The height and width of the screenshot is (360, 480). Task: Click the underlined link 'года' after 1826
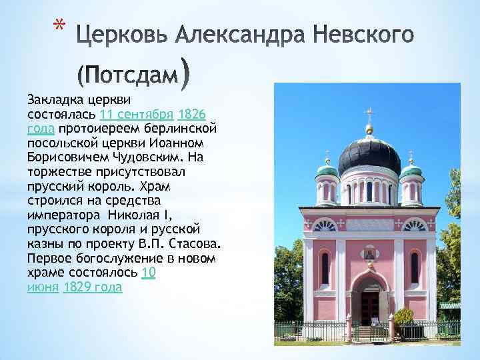[x=41, y=128]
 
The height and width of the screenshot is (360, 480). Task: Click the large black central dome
[x=369, y=155]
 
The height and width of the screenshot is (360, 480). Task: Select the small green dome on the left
[x=327, y=170]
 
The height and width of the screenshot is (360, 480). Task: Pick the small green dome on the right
[x=412, y=169]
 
